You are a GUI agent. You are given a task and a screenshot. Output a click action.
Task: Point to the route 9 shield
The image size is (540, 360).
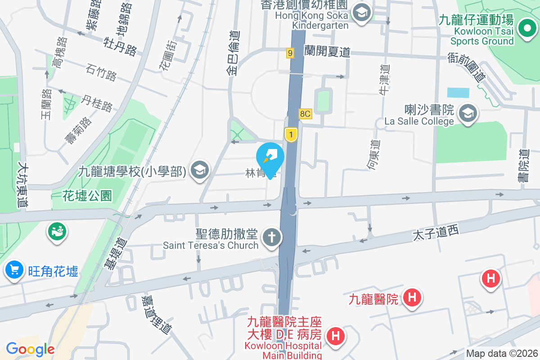click(290, 54)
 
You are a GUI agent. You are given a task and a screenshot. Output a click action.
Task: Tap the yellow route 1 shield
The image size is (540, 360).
click(291, 134)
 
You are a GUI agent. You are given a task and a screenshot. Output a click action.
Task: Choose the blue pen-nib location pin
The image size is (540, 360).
click(270, 157)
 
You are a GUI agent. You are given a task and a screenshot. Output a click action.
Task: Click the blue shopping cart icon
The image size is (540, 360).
click(14, 270)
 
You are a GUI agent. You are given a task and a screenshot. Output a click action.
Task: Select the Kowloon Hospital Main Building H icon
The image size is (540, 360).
click(335, 335)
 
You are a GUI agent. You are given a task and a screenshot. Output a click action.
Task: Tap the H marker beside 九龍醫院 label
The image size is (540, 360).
click(411, 297)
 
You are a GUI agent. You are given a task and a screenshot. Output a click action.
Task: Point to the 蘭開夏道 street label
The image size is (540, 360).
click(327, 52)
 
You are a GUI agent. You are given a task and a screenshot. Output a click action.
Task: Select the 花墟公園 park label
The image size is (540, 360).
click(87, 196)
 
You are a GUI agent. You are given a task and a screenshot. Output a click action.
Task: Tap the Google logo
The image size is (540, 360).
click(30, 349)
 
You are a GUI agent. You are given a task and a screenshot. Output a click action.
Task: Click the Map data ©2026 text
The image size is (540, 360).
click(502, 353)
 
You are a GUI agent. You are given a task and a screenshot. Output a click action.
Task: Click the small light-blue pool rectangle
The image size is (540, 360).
click(457, 93)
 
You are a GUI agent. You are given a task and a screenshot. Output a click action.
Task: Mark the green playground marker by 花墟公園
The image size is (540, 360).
click(57, 232)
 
